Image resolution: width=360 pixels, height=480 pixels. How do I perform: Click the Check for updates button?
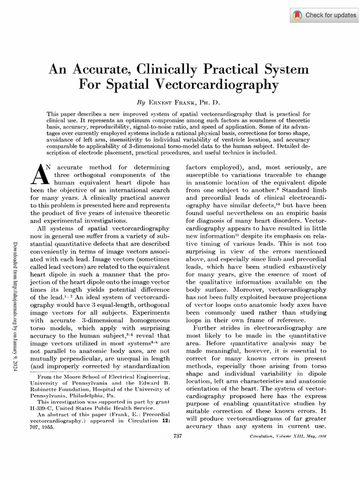pos(324,15)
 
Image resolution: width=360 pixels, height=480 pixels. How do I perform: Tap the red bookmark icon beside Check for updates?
pos(297,15)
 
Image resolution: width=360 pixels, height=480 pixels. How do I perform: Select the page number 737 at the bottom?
pos(177,436)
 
